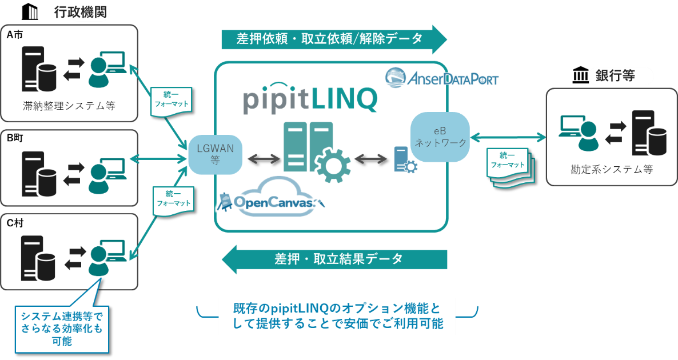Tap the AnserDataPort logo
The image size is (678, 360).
tap(441, 78)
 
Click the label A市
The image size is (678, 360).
tap(15, 35)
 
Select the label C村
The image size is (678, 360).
tap(15, 223)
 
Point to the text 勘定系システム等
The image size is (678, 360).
tap(611, 170)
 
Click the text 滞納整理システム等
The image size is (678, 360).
tap(69, 106)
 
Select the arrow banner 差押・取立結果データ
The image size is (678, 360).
tap(334, 259)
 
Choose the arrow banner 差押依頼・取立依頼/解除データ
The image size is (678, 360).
tap(334, 39)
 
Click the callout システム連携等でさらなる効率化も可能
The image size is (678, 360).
tap(62, 328)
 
